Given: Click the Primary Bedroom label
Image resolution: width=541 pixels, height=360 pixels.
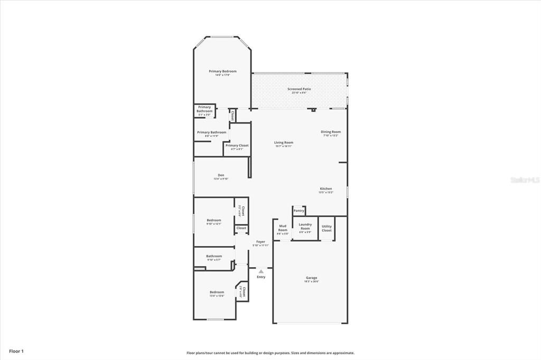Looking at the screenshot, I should [222, 71].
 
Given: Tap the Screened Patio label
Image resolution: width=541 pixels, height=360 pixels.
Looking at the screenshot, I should [299, 89].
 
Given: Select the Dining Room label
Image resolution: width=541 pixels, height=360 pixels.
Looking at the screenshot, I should [331, 132].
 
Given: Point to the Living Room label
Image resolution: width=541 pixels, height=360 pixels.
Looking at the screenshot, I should [283, 143].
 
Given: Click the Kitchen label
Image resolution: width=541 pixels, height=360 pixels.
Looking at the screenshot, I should [325, 189].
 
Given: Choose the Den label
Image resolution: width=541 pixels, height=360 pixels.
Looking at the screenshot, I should [221, 175].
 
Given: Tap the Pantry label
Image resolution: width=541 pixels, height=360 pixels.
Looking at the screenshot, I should [299, 211].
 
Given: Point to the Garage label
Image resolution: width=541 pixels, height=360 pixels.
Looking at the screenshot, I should [312, 278].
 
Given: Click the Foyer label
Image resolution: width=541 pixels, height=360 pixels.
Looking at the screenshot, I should [261, 242].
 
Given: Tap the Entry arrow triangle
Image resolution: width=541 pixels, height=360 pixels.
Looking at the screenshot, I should [261, 271].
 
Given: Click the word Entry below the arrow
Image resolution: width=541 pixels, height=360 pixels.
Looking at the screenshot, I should [261, 277].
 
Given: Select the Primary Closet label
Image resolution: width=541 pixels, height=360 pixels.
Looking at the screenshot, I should [237, 145].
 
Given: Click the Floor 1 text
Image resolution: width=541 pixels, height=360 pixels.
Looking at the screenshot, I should [16, 351].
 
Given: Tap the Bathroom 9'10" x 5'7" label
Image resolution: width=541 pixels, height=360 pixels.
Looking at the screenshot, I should [214, 256].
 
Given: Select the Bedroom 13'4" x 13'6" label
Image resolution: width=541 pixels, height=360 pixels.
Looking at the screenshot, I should [217, 292].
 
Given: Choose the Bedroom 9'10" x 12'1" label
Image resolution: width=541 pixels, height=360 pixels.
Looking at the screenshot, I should [214, 220].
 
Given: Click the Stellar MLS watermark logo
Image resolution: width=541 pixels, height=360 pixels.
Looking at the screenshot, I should [524, 180].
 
